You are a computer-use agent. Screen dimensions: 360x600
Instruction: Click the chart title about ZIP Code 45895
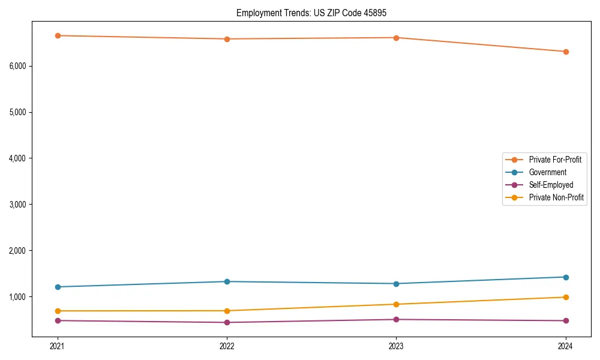point(316,13)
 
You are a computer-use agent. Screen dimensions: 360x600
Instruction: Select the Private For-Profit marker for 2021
point(58,35)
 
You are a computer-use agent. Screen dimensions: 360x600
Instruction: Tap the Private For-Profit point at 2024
point(566,52)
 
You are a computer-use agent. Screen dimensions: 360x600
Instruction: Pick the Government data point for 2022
point(227,281)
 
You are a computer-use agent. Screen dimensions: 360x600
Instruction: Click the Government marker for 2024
point(566,277)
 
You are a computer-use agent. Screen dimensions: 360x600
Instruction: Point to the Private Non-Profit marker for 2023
point(397,304)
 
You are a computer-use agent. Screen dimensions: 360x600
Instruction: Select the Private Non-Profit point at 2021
point(58,311)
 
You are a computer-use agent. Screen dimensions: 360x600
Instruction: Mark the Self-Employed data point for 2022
point(227,322)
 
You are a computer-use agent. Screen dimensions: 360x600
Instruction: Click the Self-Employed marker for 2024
point(566,320)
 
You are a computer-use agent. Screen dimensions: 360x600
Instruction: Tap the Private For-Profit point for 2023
point(397,38)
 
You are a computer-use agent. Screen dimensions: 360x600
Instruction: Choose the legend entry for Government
point(547,172)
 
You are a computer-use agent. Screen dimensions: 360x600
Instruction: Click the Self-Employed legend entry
point(551,185)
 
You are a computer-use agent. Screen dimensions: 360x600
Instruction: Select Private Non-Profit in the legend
point(556,197)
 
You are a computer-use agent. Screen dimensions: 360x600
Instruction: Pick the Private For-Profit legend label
point(555,160)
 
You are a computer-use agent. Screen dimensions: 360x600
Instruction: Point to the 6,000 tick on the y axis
point(18,66)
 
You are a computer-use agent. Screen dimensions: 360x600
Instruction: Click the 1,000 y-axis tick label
point(18,296)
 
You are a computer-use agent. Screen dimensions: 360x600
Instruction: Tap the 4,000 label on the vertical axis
point(18,158)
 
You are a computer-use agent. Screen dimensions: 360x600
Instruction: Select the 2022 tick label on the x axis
point(227,346)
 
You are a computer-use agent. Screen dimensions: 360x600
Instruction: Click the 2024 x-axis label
point(566,346)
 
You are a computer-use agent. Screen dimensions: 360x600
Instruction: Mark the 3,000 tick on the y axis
point(18,205)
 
